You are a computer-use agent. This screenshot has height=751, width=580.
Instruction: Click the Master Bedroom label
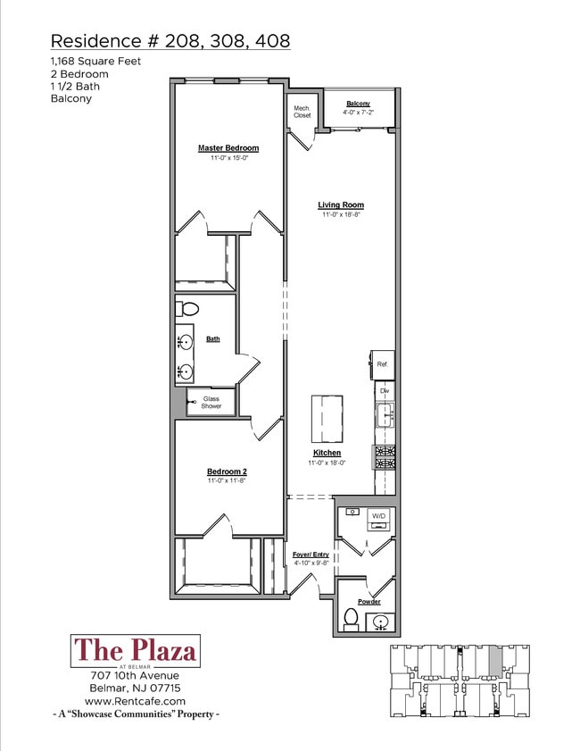pyautogui.click(x=228, y=148)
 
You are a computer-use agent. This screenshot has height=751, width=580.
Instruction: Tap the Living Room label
pyautogui.click(x=341, y=205)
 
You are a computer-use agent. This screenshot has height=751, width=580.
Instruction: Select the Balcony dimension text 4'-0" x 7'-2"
pyautogui.click(x=358, y=113)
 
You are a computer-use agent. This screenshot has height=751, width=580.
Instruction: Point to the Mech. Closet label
pyautogui.click(x=302, y=112)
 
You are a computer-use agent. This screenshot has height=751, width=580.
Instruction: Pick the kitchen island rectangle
pyautogui.click(x=327, y=419)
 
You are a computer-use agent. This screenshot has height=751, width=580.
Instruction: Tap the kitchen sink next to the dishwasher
pyautogui.click(x=385, y=414)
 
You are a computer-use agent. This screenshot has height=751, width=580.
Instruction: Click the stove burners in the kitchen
pyautogui.click(x=385, y=457)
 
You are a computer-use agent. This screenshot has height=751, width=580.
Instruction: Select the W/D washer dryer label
pyautogui.click(x=378, y=516)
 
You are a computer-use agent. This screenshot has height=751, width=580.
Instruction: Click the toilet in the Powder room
pyautogui.click(x=352, y=620)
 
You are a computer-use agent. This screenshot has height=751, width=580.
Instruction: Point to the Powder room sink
pyautogui.click(x=381, y=622)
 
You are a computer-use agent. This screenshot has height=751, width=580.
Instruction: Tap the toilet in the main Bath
pyautogui.click(x=187, y=309)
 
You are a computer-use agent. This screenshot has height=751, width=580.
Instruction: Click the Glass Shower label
pyautogui.click(x=211, y=403)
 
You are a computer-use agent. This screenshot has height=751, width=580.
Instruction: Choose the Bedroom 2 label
pyautogui.click(x=227, y=471)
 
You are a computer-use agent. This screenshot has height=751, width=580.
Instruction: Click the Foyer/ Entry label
pyautogui.click(x=311, y=555)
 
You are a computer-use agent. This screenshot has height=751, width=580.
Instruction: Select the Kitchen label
pyautogui.click(x=327, y=453)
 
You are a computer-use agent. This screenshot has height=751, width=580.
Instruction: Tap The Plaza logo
pyautogui.click(x=136, y=651)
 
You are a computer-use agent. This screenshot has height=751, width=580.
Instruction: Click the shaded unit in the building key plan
pyautogui.click(x=495, y=660)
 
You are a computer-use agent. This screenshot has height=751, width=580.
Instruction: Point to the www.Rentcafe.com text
pyautogui.click(x=135, y=701)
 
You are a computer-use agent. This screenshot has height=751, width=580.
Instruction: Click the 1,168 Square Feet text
pyautogui.click(x=95, y=62)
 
